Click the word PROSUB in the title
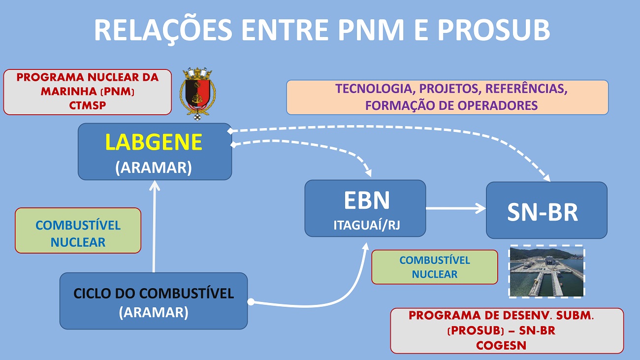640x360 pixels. [494, 30]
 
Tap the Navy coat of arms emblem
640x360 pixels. [197, 94]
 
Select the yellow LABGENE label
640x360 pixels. [154, 142]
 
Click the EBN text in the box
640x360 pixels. [367, 200]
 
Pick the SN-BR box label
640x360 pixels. [543, 212]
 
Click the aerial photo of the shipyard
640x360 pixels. [547, 272]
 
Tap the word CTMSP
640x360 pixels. [88, 105]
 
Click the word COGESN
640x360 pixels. [501, 345]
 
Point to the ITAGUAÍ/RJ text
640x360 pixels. [367, 225]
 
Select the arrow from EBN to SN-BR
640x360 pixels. [456, 208]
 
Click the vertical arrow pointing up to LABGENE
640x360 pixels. [154, 226]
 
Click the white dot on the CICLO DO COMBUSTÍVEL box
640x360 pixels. [251, 302]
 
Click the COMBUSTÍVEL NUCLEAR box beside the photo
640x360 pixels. [435, 267]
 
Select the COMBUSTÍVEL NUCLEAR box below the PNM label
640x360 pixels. [78, 230]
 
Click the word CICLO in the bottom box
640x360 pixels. [91, 294]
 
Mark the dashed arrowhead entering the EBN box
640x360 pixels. [369, 173]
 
